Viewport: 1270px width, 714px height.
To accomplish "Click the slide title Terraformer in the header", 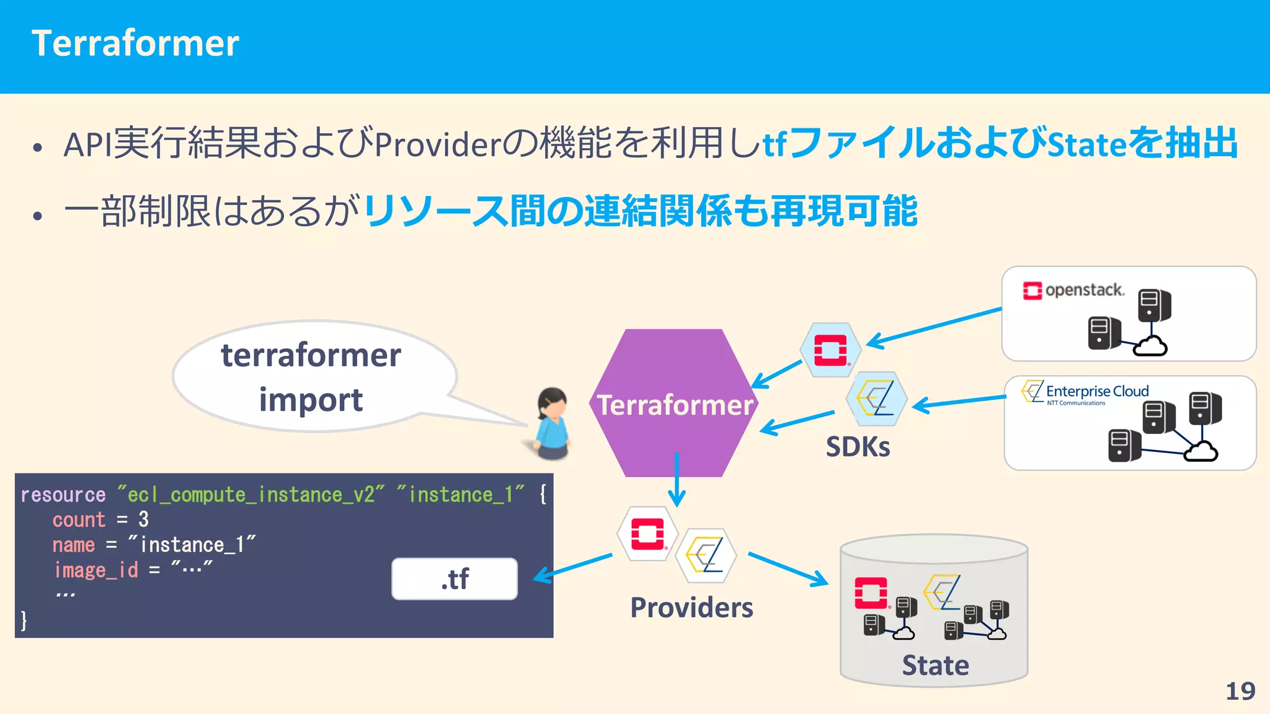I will [x=135, y=43].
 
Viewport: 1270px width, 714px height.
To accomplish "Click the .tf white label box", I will [x=455, y=579].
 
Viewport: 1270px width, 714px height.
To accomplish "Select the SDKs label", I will [x=858, y=447].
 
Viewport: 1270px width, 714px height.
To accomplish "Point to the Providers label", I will [x=691, y=607].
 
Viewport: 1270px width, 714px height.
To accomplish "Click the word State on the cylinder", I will [x=935, y=666].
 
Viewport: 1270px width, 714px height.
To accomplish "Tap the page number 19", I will [x=1240, y=691].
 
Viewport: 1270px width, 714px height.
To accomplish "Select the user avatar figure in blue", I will [x=552, y=425].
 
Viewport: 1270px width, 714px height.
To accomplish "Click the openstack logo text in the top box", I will [x=1084, y=290].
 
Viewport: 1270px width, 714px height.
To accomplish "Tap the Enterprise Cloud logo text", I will [x=1096, y=392].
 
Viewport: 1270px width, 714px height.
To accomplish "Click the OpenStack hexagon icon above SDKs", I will [x=830, y=350].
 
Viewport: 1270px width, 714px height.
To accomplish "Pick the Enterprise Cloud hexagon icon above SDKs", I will [x=877, y=399].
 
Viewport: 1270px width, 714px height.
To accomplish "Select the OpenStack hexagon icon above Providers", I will [x=647, y=534].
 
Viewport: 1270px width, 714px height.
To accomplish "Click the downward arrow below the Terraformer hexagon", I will [x=677, y=480].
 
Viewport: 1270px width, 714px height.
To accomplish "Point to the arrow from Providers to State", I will [x=788, y=569].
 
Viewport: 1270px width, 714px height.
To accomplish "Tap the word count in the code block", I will [x=79, y=519].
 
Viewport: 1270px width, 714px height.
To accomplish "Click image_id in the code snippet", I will [x=96, y=570].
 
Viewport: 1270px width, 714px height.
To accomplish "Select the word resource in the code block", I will [x=63, y=495].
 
